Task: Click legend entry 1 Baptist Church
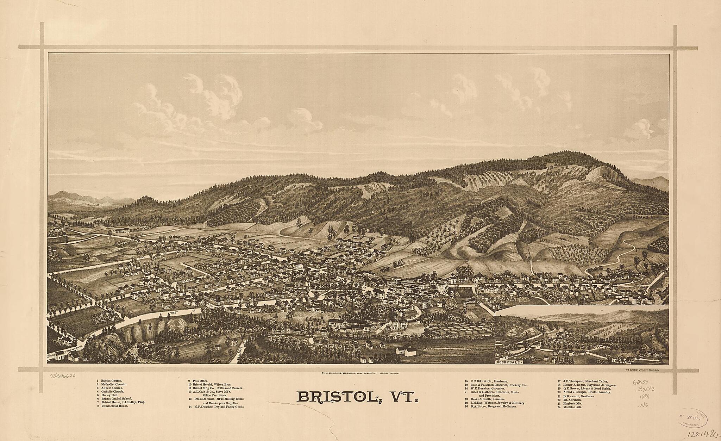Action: pos(109,381)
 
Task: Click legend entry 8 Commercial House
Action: pos(112,406)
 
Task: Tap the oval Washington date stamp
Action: pos(693,418)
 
